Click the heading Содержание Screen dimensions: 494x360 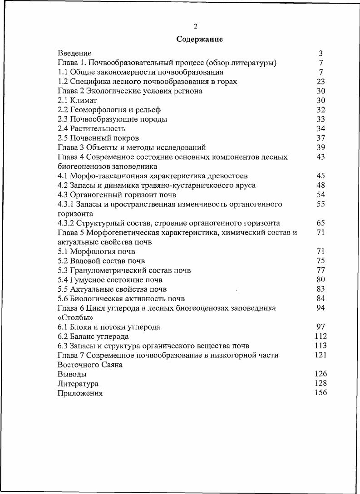(x=199, y=39)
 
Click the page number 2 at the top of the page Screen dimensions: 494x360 (x=196, y=26)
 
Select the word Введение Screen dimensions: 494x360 (x=74, y=54)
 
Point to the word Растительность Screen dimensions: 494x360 (x=98, y=129)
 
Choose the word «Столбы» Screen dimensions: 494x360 (x=72, y=318)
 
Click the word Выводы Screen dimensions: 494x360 (x=72, y=374)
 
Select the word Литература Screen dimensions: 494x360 (x=78, y=384)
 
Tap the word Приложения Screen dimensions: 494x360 (x=80, y=393)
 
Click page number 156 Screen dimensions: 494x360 (x=321, y=393)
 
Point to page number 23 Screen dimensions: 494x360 (x=321, y=82)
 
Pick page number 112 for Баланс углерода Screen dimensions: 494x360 (x=321, y=336)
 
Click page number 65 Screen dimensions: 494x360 (x=321, y=223)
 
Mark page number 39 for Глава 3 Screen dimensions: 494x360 (x=321, y=147)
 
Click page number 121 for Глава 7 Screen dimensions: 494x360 (x=321, y=355)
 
